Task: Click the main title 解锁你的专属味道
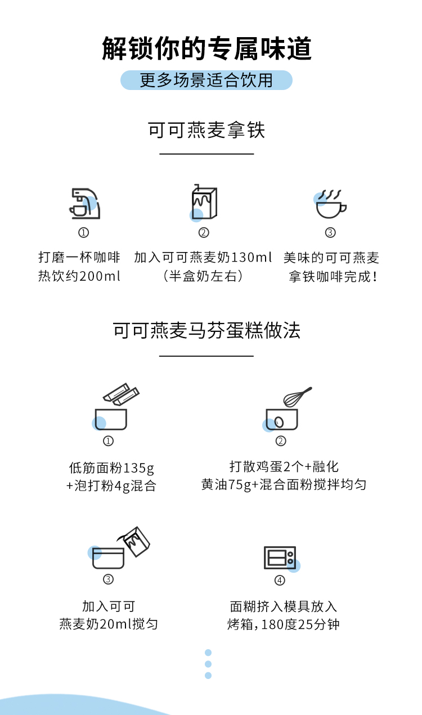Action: click(206, 48)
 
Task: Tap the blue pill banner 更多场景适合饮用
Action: click(206, 80)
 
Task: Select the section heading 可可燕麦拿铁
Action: click(206, 130)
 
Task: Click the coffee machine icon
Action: click(84, 203)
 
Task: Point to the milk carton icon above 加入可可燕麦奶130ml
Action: click(204, 203)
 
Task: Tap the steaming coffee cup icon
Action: click(330, 204)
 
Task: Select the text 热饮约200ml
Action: click(79, 276)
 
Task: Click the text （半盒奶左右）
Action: click(203, 276)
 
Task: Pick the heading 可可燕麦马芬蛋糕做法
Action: click(206, 330)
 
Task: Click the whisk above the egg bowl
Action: click(298, 397)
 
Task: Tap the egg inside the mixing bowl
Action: click(279, 422)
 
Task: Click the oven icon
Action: click(280, 557)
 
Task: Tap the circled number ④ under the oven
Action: click(280, 580)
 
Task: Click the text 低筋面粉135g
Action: click(111, 468)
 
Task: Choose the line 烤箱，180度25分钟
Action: click(284, 624)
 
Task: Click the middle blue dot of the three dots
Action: click(208, 664)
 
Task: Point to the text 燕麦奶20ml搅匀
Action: click(109, 624)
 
